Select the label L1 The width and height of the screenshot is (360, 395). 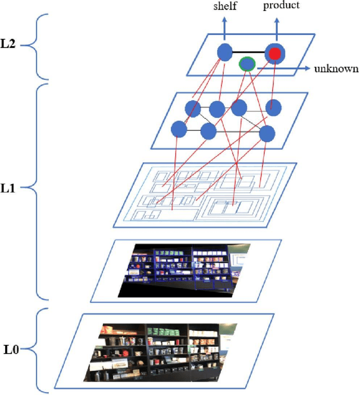[10, 189]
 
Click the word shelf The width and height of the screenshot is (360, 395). [225, 6]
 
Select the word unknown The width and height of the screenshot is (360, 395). [336, 69]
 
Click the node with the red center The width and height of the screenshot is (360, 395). [274, 53]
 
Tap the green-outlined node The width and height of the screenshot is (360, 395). [246, 64]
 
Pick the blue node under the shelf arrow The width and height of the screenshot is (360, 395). [225, 52]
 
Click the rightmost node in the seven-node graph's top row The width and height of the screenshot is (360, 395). [273, 106]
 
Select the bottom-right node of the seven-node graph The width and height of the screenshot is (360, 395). [267, 133]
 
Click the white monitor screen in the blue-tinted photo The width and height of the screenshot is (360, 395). [241, 262]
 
